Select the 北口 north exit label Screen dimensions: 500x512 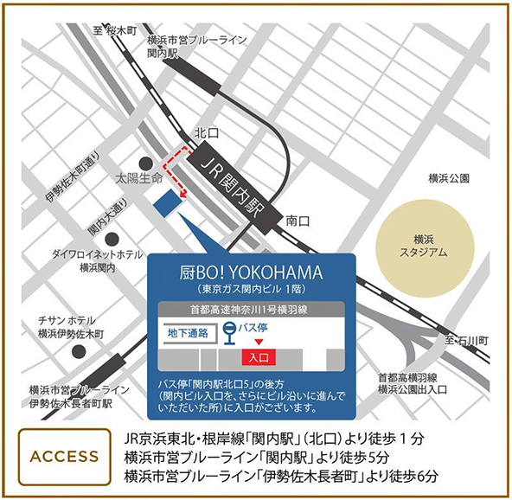(x=206, y=133)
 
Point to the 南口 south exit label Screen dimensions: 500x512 (x=298, y=221)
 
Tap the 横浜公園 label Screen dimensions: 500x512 (x=449, y=178)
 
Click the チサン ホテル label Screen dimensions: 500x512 (x=71, y=325)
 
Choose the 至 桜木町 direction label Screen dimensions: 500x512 (x=115, y=31)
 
